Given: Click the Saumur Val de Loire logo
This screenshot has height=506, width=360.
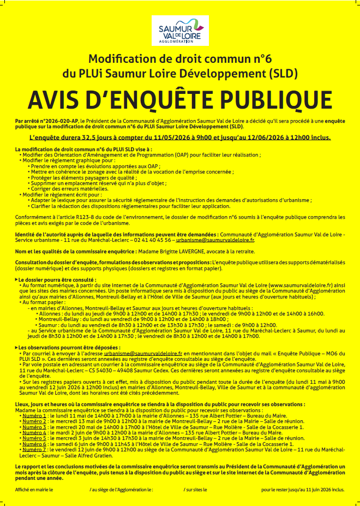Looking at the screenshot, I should click(179, 32).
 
